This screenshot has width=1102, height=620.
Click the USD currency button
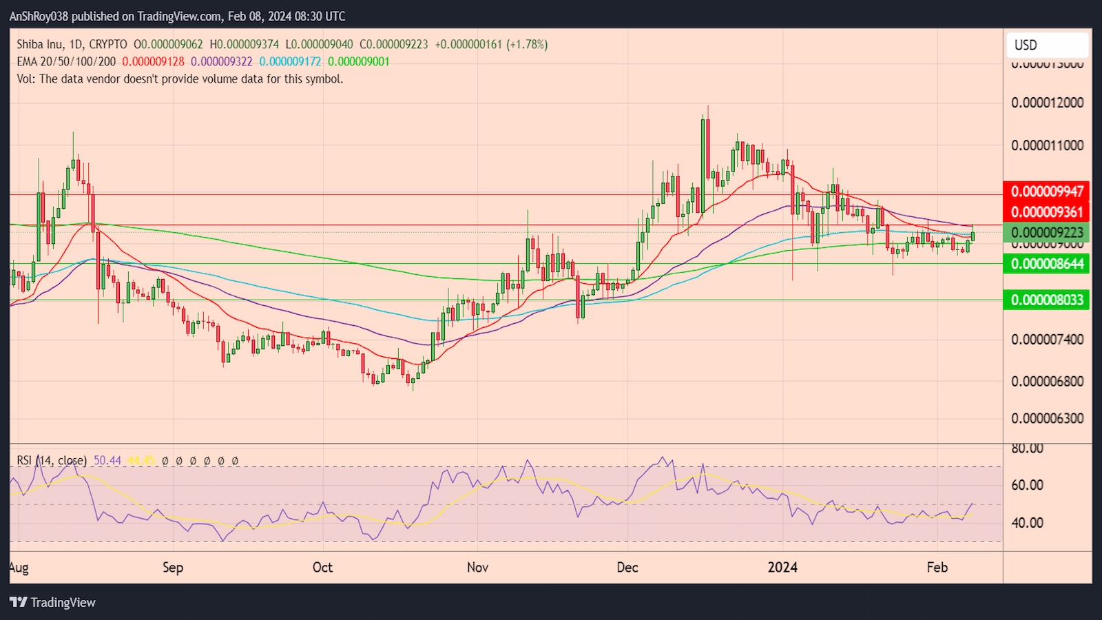click(x=1046, y=45)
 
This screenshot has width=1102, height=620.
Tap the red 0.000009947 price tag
click(x=1047, y=192)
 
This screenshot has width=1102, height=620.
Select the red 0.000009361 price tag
click(x=1047, y=212)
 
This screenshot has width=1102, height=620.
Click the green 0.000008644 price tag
click(x=1047, y=264)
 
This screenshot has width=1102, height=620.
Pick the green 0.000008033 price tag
click(x=1047, y=300)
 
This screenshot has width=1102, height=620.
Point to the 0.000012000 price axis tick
click(x=1047, y=103)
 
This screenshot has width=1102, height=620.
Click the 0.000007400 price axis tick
click(x=1047, y=340)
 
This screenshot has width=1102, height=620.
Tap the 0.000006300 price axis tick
click(x=1047, y=418)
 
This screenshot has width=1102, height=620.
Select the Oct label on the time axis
click(x=322, y=568)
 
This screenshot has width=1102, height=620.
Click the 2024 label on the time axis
click(x=782, y=568)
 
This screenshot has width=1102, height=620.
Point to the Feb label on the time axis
click(x=937, y=568)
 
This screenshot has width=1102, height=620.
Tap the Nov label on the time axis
click(x=477, y=568)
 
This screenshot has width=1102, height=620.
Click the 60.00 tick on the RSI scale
click(x=1027, y=485)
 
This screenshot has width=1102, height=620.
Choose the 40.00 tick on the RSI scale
click(x=1027, y=523)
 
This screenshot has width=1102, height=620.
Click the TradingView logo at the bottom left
click(x=52, y=603)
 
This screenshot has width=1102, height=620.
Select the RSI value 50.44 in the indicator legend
click(x=107, y=460)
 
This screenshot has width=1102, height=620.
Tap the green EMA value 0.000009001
click(x=358, y=62)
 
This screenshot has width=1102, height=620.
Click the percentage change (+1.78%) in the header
click(x=527, y=45)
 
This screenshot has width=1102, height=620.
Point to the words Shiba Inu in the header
click(x=40, y=45)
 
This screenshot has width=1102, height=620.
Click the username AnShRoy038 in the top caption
click(x=39, y=16)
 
